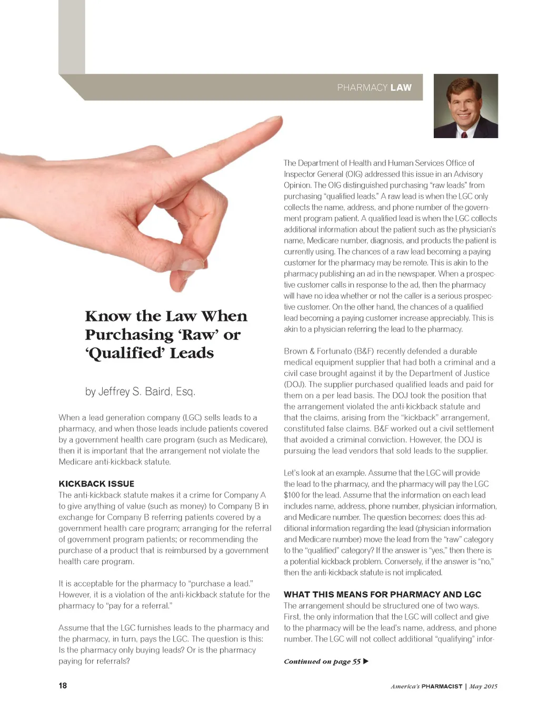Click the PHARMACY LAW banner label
[374, 87]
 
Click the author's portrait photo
[465, 106]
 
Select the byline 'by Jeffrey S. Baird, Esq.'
[140, 392]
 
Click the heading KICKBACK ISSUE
[96, 484]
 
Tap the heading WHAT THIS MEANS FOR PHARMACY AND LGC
[382, 594]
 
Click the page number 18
[63, 686]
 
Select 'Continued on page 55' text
[322, 661]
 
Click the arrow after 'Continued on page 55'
[366, 661]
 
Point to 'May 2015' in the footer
[483, 686]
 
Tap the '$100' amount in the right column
[292, 495]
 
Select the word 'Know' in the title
[108, 316]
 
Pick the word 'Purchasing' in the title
[129, 335]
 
